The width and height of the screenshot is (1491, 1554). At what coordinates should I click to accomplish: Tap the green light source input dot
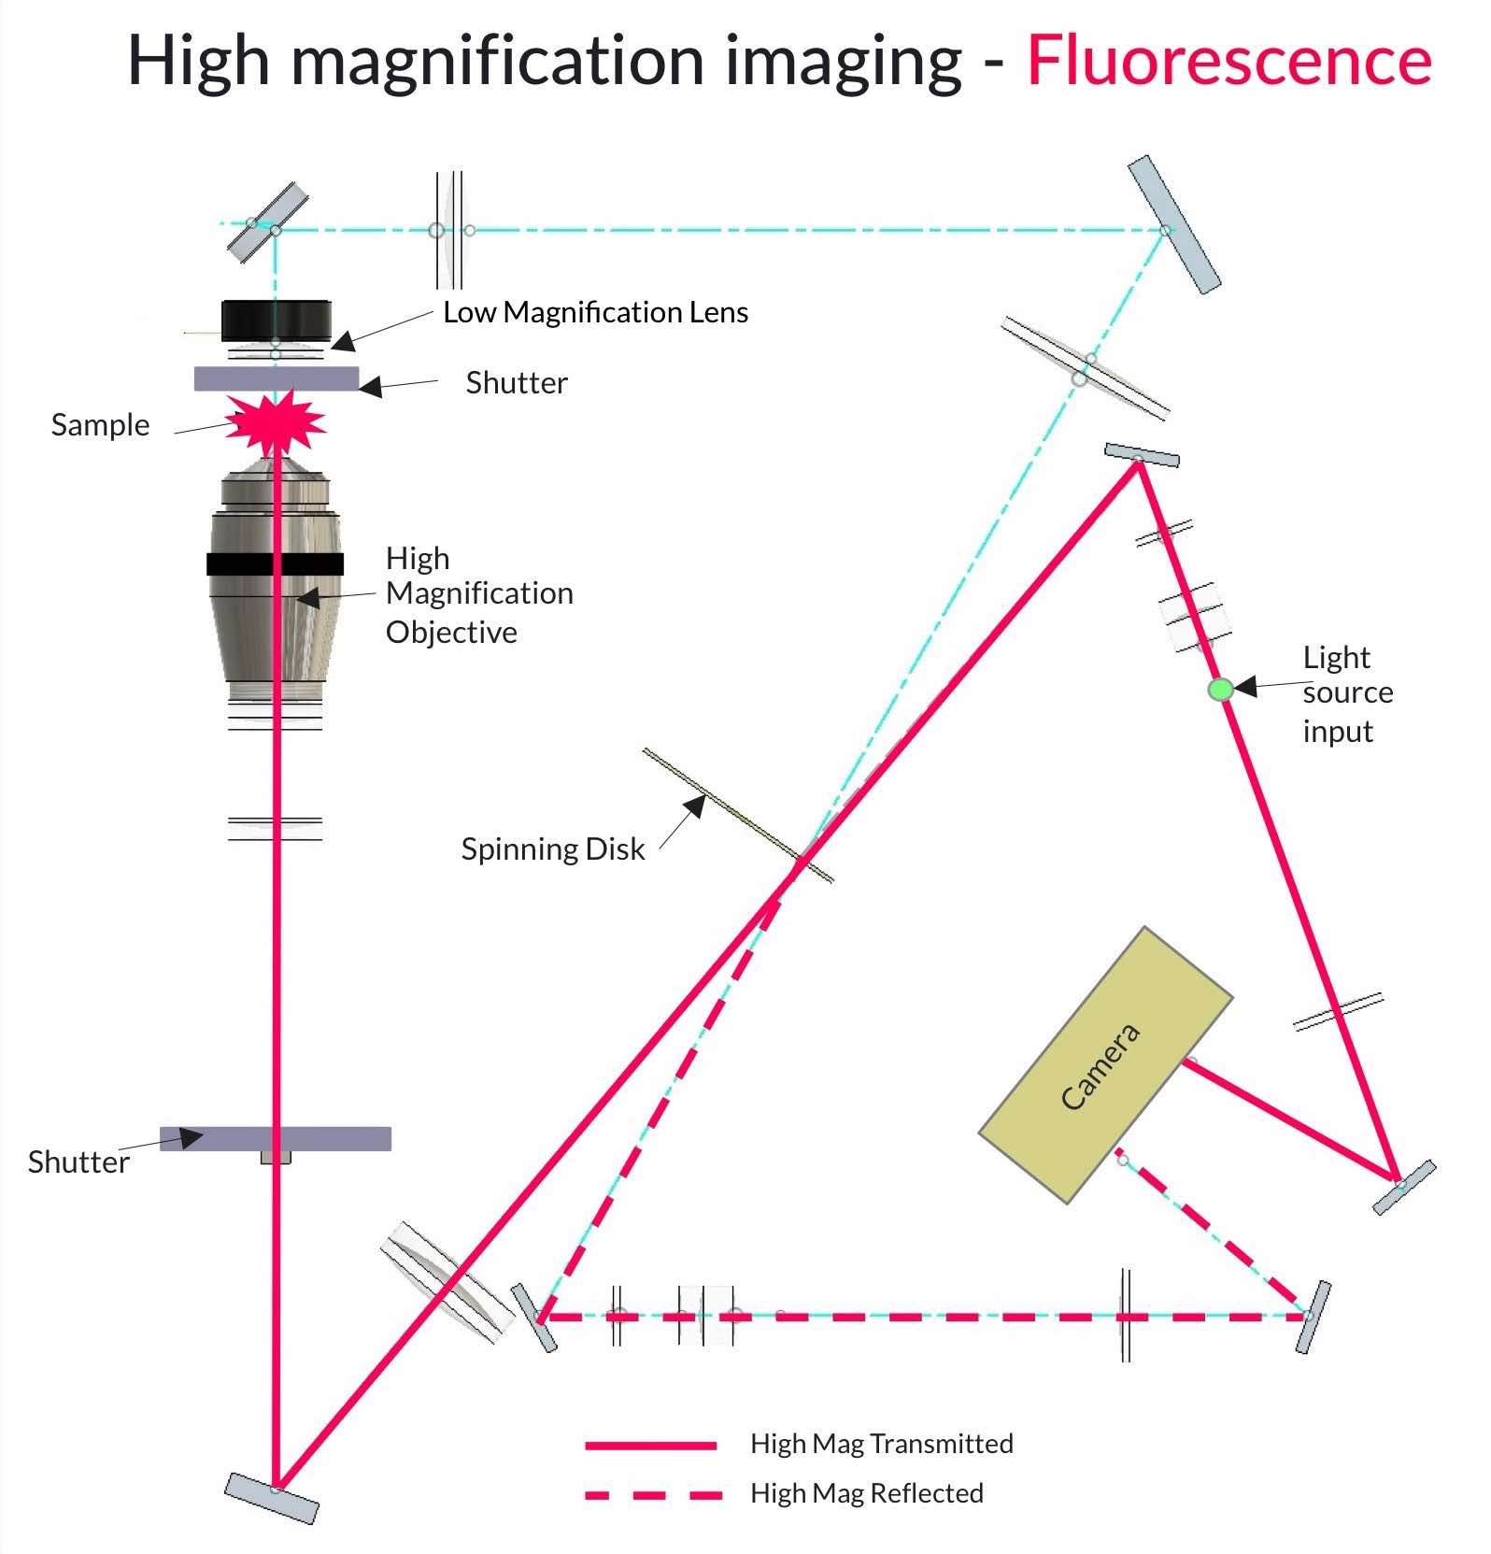(1220, 690)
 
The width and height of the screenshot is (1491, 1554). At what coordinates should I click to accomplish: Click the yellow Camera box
(1106, 1064)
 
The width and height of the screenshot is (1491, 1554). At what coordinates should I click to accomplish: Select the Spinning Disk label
(552, 849)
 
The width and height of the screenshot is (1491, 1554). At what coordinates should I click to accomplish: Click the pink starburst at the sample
(277, 423)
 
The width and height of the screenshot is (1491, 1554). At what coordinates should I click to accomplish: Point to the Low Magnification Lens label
(595, 312)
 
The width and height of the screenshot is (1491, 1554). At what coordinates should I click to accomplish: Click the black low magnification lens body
(277, 320)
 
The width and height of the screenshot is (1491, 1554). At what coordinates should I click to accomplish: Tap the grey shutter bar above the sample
(277, 378)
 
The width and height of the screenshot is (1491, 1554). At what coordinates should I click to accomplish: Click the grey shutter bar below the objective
(276, 1138)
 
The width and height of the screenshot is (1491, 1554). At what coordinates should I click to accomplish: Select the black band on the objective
(275, 563)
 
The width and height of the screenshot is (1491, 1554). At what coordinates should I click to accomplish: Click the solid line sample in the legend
(650, 1445)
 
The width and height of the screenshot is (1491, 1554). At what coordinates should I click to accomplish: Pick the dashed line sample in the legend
(653, 1494)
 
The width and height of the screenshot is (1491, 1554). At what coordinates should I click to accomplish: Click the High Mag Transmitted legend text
(881, 1444)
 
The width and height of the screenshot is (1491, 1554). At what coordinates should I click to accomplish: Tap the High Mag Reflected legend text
(866, 1493)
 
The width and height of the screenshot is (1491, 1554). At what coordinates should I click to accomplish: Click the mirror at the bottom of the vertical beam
(272, 1498)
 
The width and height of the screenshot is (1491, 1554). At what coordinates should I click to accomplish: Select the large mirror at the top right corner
(1174, 224)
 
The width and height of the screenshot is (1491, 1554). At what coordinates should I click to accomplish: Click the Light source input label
(1347, 693)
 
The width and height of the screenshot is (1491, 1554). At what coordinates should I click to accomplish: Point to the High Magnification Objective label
(479, 594)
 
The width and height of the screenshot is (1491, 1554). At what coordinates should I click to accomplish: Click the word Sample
(100, 425)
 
